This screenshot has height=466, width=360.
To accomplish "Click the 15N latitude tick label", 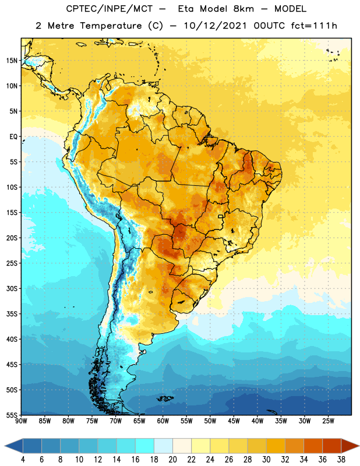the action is click(12, 61).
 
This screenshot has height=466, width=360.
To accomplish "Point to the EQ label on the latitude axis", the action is click(13, 137).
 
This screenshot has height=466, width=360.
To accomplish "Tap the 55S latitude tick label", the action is click(12, 415).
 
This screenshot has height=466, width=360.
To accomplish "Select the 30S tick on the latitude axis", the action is click(12, 288).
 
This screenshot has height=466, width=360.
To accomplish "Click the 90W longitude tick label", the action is click(22, 421).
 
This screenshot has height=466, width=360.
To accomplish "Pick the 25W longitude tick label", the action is click(328, 421).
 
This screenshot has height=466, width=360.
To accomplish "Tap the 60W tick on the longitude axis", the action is click(163, 421).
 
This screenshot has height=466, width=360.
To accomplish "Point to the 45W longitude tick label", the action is click(234, 421).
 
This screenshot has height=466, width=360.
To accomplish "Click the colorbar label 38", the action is click(341, 460).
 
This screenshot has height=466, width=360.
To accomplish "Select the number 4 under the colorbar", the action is click(23, 460).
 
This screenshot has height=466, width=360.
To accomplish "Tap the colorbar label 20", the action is click(172, 460).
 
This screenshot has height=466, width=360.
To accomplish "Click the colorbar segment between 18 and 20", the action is click(164, 446).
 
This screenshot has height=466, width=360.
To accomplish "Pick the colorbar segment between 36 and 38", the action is click(332, 446).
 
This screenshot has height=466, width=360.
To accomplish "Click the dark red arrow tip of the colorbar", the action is click(358, 446).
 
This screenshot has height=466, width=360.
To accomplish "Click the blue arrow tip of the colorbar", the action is click(5, 446).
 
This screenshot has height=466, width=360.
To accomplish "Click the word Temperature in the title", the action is click(111, 26).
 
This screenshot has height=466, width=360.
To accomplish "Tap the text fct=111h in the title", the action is click(314, 26).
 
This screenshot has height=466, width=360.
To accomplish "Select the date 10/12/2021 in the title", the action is click(215, 26).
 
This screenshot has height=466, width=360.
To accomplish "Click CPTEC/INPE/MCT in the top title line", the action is click(110, 9).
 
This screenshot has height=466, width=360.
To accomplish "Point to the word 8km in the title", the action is click(243, 9).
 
